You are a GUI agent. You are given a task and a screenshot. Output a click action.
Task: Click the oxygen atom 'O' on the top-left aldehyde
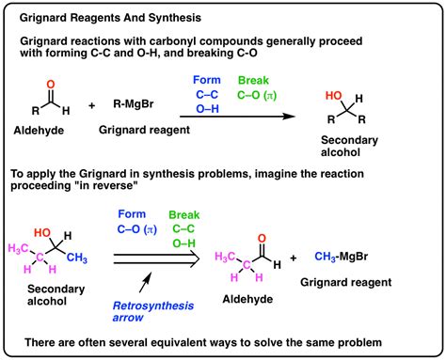tap(44, 85)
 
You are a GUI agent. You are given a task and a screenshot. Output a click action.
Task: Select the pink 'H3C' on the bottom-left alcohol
tap(23, 247)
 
